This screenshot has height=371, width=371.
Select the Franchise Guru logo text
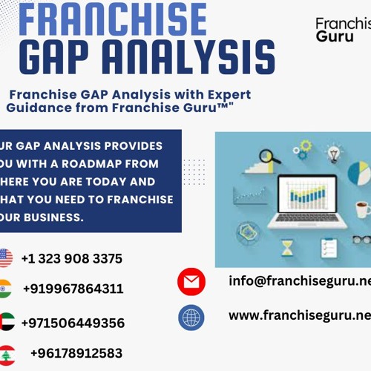[x=342, y=29]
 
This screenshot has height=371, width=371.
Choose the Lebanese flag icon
[x=6, y=353]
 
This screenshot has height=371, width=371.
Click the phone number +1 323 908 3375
[x=72, y=259]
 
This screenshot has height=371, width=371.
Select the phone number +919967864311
[x=73, y=289]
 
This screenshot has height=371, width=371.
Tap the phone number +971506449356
[x=73, y=323]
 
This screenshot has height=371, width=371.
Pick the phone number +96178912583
[x=76, y=353]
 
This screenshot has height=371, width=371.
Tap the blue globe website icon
[x=191, y=318]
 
